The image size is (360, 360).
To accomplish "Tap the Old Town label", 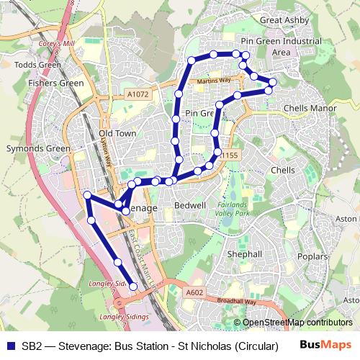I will tap(117, 134).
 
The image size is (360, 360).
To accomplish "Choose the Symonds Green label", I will tap(37, 149).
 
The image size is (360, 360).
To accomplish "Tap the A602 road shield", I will tap(194, 292).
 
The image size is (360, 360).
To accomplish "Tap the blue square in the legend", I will tap(10, 344).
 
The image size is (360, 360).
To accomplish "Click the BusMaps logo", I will tap(325, 344).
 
